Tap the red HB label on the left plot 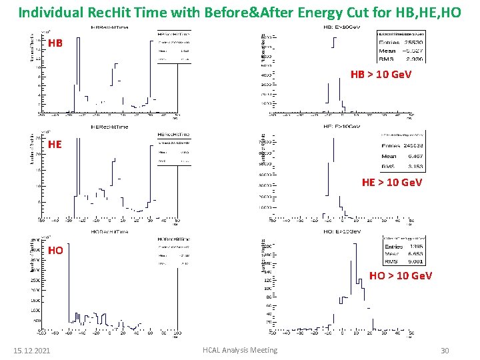click(x=56, y=43)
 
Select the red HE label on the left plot click(x=55, y=143)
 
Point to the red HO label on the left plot click(x=56, y=251)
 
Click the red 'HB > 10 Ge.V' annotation click(x=381, y=75)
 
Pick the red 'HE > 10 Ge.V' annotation click(x=391, y=182)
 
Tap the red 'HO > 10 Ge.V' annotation click(x=401, y=275)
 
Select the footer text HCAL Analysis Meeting click(x=241, y=351)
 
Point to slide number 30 click(x=445, y=351)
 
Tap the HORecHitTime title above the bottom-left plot click(x=111, y=231)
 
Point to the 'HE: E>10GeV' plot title click(x=343, y=127)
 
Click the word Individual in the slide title click(x=47, y=12)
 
